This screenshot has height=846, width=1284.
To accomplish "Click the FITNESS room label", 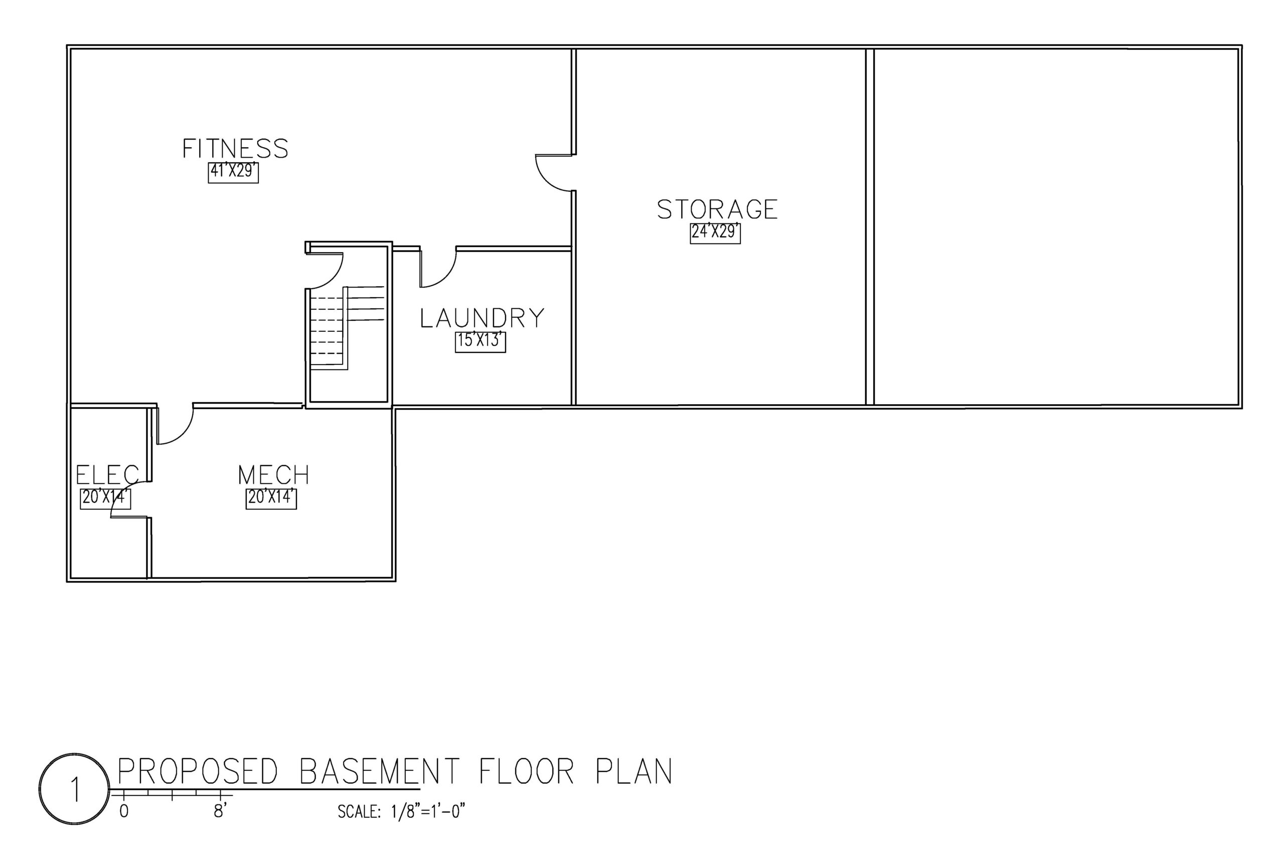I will (x=235, y=149).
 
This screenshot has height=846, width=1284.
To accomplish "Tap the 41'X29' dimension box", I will (x=233, y=173).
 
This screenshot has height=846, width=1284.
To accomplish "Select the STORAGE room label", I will (x=717, y=209).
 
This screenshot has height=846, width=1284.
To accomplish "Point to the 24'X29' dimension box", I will (x=715, y=233).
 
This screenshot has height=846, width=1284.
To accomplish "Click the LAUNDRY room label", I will (x=483, y=318).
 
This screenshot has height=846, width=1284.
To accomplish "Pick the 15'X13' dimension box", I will (x=480, y=342).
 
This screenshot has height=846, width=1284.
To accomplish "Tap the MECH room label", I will (x=273, y=475).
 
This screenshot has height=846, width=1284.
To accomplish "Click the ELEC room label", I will (x=107, y=475).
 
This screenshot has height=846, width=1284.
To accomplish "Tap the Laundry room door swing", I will (x=440, y=270).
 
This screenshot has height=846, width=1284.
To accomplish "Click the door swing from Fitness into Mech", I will (x=176, y=426).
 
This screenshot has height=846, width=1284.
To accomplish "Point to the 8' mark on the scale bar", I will (x=220, y=811).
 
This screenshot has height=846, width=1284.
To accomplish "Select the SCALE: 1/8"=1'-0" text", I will (x=401, y=811).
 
